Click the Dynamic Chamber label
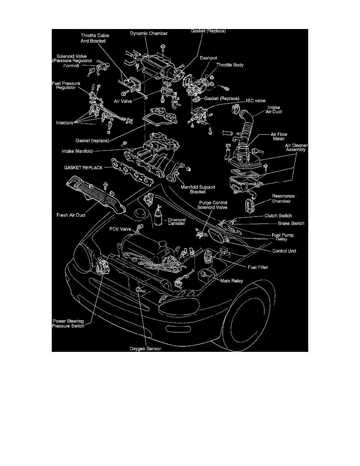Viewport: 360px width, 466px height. click(149, 34)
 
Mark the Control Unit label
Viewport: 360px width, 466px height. click(284, 251)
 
